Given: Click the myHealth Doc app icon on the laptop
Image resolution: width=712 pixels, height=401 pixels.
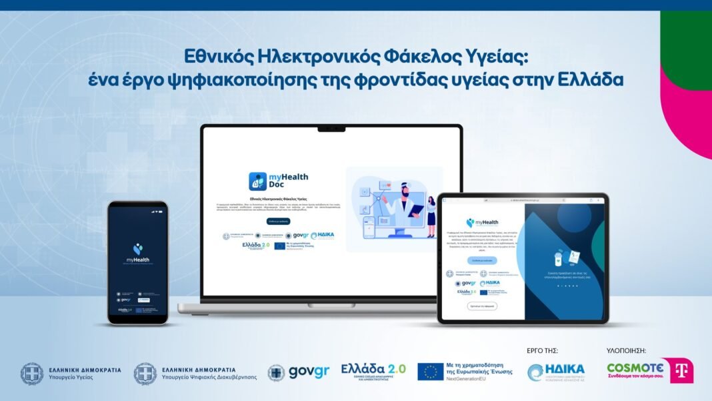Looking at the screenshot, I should [258, 181].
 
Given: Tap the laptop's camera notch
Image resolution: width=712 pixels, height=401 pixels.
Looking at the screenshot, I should [332, 127].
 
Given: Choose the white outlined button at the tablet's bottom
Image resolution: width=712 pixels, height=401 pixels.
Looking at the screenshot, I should [481, 306].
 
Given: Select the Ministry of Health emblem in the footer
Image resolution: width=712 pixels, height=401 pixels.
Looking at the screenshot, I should [32, 373].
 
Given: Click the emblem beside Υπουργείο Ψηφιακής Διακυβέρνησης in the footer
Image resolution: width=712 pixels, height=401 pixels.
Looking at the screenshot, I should [145, 373].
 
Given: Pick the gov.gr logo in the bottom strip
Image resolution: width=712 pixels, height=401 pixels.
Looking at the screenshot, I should [298, 372].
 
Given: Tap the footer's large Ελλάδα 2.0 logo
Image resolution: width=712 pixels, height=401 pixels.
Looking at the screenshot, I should [373, 370].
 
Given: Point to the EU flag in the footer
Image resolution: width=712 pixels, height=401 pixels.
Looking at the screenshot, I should [431, 372].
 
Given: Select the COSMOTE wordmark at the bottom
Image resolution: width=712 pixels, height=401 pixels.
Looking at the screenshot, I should [635, 368].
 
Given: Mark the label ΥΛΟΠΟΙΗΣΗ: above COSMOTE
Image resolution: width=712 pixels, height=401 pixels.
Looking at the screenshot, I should [626, 350].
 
